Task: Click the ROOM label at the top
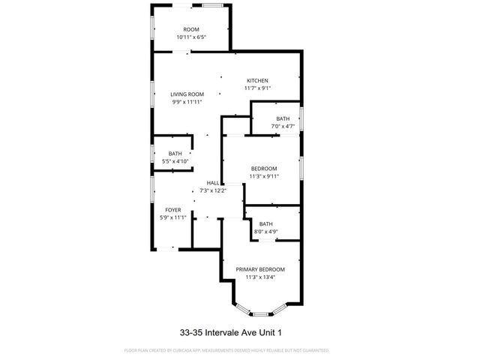click(191, 29)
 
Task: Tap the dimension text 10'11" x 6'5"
click(191, 37)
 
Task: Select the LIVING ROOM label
click(187, 94)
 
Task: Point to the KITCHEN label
click(257, 81)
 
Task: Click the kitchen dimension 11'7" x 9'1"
click(257, 88)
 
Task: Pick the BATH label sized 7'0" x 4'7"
click(282, 118)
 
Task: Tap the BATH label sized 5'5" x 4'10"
click(175, 154)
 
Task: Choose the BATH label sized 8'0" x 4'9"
click(265, 223)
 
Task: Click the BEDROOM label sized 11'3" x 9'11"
click(264, 168)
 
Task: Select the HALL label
click(213, 183)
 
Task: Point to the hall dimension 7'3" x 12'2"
click(213, 190)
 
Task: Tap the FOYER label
click(172, 210)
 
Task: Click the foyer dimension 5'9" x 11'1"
click(172, 217)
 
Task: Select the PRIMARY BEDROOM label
click(260, 269)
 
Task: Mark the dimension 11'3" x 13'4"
click(260, 277)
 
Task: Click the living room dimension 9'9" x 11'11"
click(187, 101)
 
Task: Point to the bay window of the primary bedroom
click(260, 310)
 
